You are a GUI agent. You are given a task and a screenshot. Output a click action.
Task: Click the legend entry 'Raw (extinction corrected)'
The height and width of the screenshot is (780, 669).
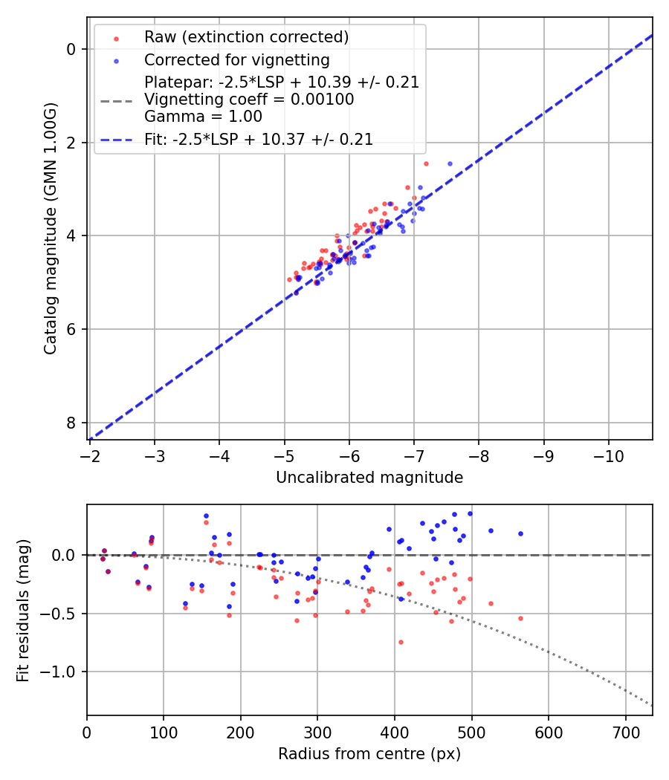pyautogui.click(x=246, y=37)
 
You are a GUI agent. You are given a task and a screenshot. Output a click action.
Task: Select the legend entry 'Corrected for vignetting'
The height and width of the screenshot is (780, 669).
pyautogui.click(x=236, y=59)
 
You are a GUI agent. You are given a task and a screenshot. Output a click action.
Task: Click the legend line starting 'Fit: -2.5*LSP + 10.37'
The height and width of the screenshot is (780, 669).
pyautogui.click(x=259, y=139)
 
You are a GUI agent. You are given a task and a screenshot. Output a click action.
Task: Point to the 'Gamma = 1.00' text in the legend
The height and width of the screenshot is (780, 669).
pyautogui.click(x=203, y=116)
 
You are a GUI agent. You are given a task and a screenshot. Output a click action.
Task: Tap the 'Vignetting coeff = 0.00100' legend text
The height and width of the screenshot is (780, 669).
pyautogui.click(x=249, y=100)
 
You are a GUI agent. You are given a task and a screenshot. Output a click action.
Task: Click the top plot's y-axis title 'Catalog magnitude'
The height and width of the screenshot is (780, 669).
pyautogui.click(x=50, y=228)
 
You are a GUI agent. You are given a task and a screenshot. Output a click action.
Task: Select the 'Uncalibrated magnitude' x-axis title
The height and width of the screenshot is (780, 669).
pyautogui.click(x=369, y=478)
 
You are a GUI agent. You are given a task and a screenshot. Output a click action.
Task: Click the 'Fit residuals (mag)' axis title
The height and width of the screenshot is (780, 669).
pyautogui.click(x=23, y=610)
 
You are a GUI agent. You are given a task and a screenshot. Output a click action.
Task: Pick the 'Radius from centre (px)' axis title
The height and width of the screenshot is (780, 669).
pyautogui.click(x=369, y=754)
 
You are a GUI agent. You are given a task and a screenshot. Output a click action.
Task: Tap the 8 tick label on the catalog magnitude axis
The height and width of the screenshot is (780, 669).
pyautogui.click(x=71, y=423)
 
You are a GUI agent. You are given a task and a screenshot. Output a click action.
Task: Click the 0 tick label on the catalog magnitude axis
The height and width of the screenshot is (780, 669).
pyautogui.click(x=71, y=49)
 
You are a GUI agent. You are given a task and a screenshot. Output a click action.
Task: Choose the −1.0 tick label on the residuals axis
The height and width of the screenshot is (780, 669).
pyautogui.click(x=62, y=672)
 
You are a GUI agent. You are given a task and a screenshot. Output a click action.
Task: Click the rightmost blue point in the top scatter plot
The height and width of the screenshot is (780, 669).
pyautogui.click(x=450, y=163)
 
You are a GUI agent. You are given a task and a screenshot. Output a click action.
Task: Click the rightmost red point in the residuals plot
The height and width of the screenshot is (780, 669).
pyautogui.click(x=520, y=618)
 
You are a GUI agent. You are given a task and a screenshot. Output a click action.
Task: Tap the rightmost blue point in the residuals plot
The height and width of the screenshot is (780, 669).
pyautogui.click(x=520, y=533)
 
